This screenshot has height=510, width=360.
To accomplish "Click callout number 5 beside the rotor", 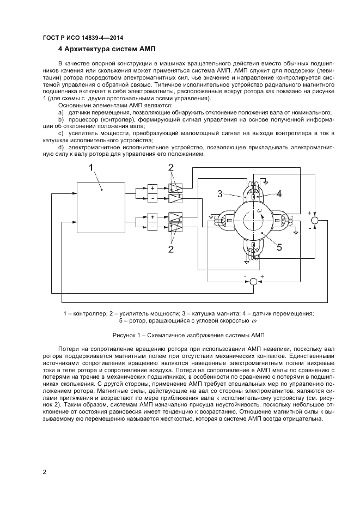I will click(278, 247).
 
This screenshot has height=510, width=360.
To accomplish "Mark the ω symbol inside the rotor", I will click(260, 211).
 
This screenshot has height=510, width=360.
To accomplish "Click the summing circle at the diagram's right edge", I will click(314, 220).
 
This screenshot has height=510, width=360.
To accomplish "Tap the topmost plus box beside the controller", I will click(152, 188).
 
